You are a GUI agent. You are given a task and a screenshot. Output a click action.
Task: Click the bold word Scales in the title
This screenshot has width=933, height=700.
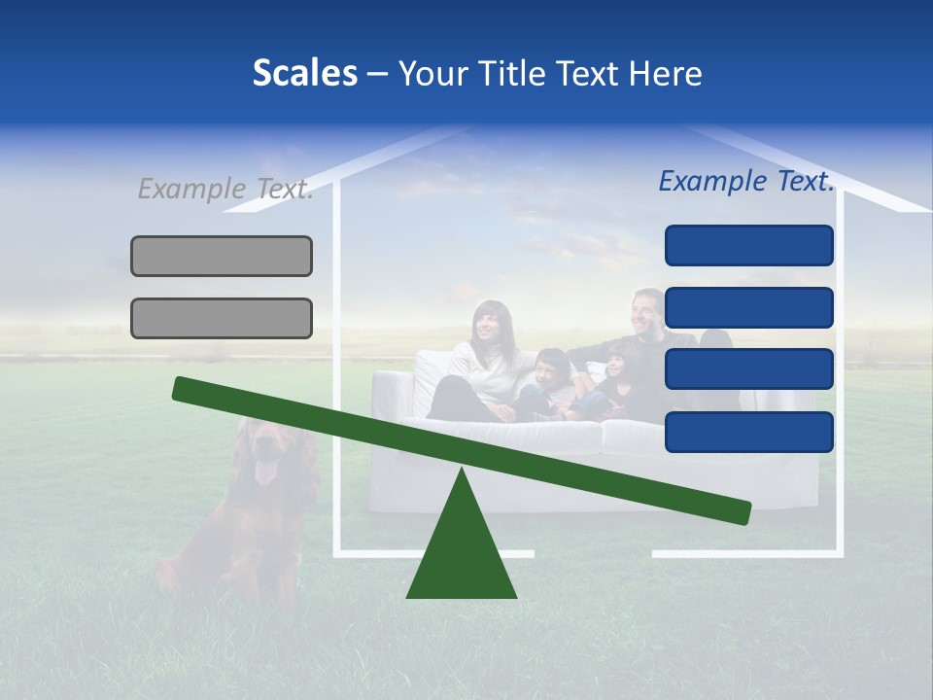point(305,74)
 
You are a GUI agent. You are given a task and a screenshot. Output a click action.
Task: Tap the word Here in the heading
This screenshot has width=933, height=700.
point(665,74)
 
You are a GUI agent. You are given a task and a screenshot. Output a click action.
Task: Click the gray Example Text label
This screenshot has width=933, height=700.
point(225,189)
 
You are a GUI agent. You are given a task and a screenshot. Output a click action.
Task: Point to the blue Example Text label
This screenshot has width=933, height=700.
point(746,181)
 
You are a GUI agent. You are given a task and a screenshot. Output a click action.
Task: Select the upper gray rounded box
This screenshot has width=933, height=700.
point(222,256)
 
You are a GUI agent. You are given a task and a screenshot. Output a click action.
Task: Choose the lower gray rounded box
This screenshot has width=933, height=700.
point(222,318)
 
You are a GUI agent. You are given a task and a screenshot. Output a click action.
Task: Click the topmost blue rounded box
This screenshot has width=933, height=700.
point(748,245)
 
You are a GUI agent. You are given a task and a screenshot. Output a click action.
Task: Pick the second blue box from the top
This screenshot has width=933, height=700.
point(748,307)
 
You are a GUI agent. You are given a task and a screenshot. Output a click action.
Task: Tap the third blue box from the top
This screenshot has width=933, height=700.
point(748,369)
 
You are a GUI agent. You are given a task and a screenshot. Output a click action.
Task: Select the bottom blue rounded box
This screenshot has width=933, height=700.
point(748,432)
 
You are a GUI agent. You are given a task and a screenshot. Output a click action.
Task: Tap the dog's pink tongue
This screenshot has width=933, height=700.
point(264,473)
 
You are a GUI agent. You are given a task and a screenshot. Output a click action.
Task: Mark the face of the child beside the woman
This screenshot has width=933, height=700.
point(550,367)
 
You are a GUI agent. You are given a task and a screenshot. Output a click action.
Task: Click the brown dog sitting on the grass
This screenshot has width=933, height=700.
point(248,515)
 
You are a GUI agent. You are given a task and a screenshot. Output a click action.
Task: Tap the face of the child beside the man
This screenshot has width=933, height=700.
point(616,367)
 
